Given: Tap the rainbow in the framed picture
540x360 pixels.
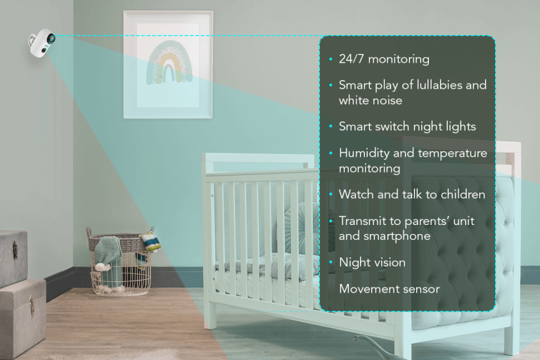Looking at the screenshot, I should click(x=167, y=64).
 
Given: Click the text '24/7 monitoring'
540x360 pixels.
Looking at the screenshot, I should click(x=384, y=60).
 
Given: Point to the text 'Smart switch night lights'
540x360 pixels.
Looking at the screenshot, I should click(x=407, y=127).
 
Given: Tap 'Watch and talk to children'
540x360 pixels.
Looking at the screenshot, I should click(x=412, y=194).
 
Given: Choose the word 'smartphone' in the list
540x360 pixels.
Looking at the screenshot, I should click(x=395, y=236).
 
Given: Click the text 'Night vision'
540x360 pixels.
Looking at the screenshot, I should click(x=372, y=262).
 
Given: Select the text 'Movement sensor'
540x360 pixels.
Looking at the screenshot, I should click(x=389, y=288).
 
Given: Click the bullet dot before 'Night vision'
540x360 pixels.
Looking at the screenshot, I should click(x=330, y=262).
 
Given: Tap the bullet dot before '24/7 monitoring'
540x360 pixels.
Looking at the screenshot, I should click(x=330, y=60).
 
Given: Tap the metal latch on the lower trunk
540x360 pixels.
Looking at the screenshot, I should click(x=31, y=304).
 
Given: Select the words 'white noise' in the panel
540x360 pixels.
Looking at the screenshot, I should click(x=371, y=101).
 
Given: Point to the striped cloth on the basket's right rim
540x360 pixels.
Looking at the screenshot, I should click(x=149, y=241).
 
